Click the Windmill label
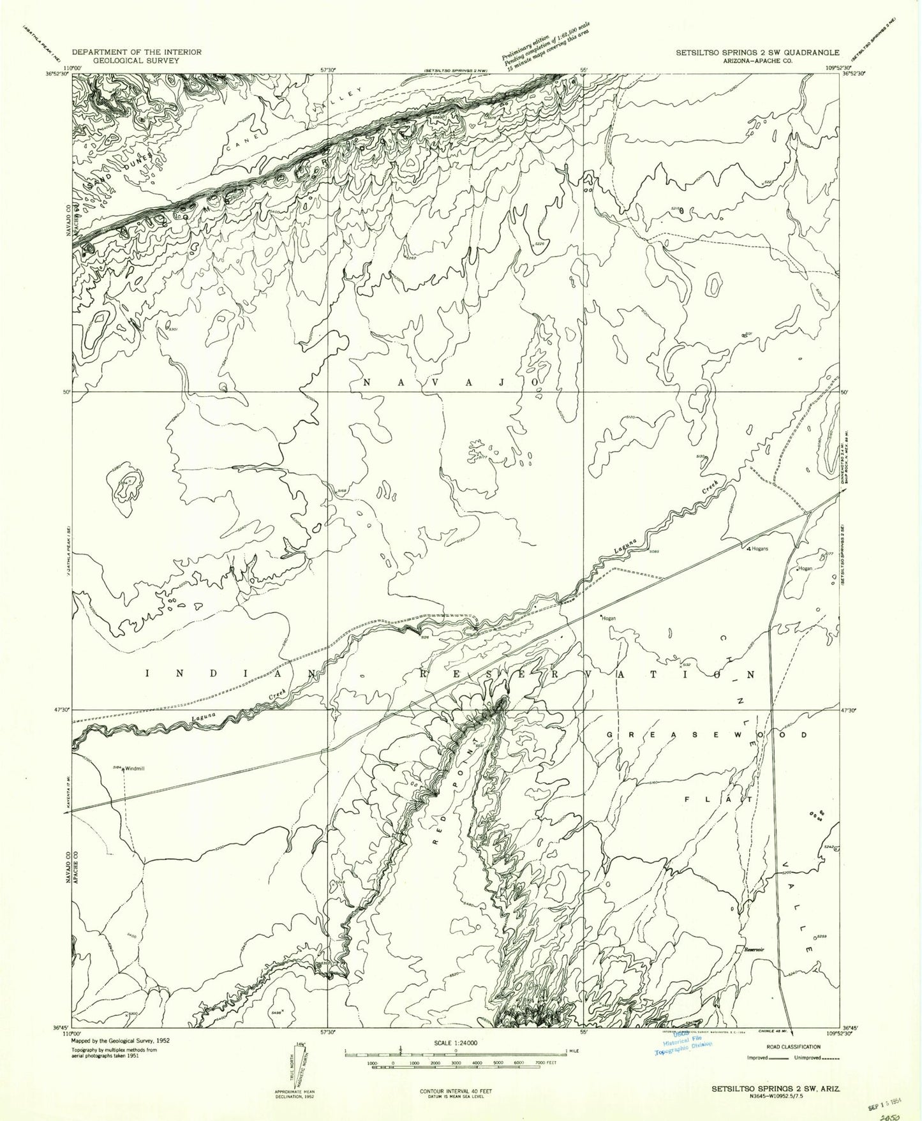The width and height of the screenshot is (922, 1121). pos(135,768)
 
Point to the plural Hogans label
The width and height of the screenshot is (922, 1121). pos(760,548)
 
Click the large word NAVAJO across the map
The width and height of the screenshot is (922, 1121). pos(452,382)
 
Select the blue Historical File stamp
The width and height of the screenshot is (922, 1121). pos(684,1044)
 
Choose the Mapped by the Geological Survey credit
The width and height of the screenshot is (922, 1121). pos(121,1040)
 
